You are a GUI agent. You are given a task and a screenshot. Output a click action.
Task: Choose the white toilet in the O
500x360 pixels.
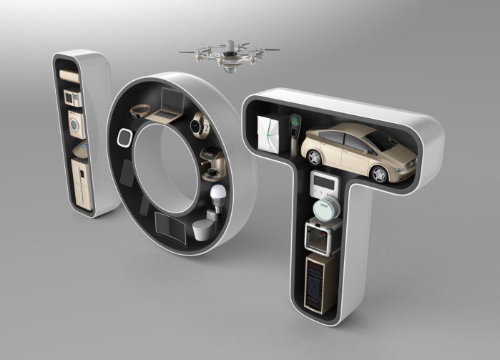click(202, 228)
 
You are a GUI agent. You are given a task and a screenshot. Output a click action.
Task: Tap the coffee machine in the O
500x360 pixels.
click(210, 160)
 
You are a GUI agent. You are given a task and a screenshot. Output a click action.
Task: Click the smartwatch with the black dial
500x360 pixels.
click(195, 127)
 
